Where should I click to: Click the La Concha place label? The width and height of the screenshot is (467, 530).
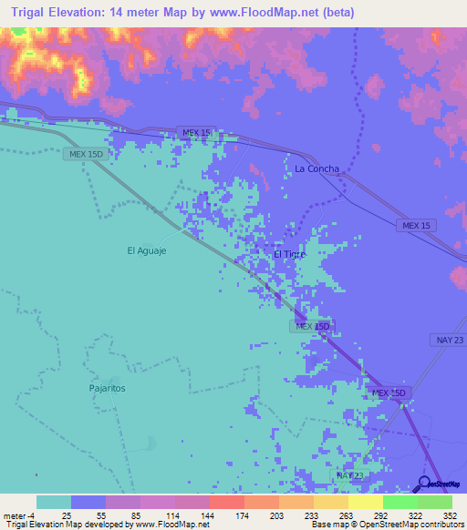317,168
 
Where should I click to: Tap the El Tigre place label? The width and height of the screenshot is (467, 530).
289,254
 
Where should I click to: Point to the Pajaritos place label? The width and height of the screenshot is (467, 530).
107,387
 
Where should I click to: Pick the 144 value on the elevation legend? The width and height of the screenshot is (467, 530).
209,515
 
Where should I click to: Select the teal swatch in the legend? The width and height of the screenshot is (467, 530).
54,502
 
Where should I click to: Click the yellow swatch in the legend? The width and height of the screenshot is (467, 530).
365,502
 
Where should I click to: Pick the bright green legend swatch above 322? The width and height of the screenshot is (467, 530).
400,502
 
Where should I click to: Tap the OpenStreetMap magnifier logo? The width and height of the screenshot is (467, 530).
424,483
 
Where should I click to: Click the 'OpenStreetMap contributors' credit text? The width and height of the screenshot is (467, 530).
420,525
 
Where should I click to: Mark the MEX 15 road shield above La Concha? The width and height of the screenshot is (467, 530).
196,132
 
